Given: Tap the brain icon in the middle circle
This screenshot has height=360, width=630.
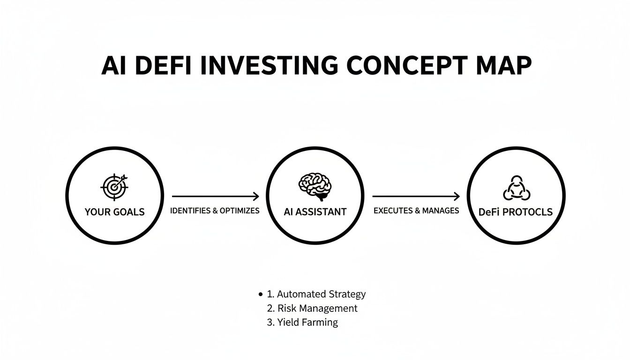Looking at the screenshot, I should coord(315,185).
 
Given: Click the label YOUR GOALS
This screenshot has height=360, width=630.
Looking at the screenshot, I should coord(114,212).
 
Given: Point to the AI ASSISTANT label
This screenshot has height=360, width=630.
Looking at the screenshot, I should coord(315,212).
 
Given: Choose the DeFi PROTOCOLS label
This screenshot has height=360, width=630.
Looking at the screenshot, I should coord(516,212).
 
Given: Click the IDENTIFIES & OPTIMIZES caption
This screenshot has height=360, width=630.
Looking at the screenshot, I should coord(215,211).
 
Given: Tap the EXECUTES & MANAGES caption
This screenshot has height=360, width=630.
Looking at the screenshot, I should coord(416,211).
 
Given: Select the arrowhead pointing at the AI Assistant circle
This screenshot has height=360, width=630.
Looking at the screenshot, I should coord(256,196).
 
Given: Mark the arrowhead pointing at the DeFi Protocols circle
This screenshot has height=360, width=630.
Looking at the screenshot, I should coord(457,196).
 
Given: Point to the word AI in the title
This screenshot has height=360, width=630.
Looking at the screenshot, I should coord(114,66).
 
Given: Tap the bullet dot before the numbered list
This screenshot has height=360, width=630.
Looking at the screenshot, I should coord(260,295).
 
